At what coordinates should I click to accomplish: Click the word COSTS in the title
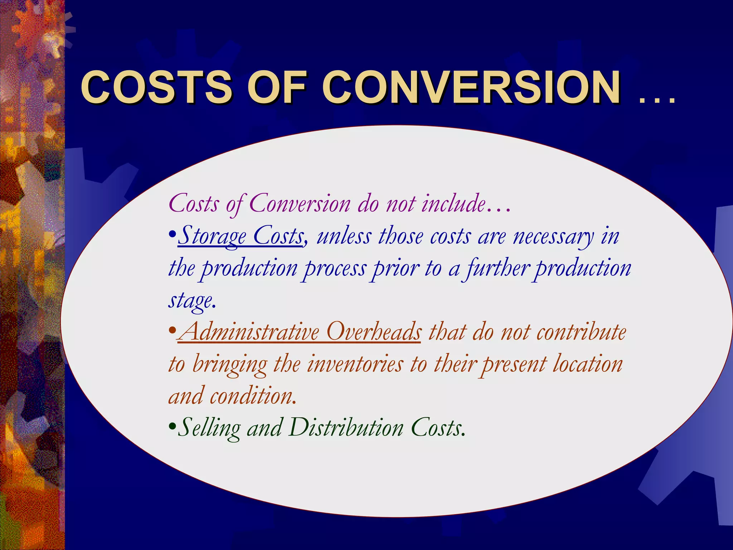[156, 87]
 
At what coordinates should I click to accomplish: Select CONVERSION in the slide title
[472, 87]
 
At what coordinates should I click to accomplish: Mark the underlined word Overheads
[374, 332]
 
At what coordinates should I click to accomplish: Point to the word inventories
[355, 364]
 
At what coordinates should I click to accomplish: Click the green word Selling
[210, 428]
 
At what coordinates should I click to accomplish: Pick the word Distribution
[346, 428]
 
